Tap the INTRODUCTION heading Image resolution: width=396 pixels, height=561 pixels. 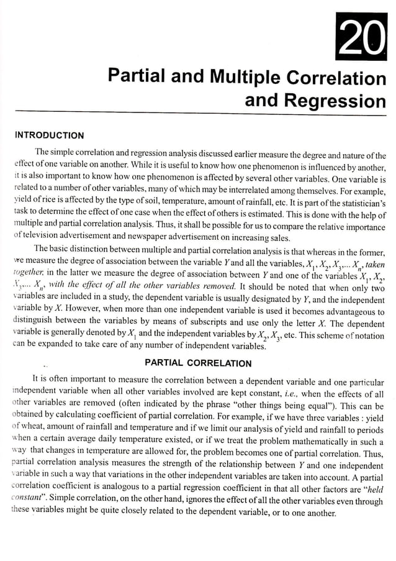pos(49,135)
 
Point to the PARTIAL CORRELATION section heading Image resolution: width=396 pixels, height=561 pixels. pos(197,363)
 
